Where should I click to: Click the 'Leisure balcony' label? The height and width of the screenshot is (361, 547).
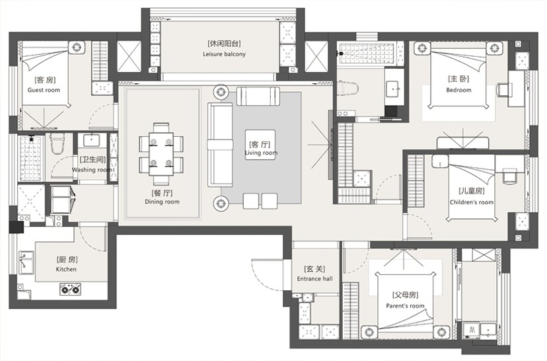pos(225,54)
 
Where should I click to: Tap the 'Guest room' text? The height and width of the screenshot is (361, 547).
pos(44,90)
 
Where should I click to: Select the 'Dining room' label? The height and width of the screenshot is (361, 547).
pos(163,202)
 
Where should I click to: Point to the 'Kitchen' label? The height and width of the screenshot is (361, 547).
pos(66,269)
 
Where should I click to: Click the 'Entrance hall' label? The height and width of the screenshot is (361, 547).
pos(314,278)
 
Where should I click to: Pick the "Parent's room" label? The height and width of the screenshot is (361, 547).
pos(405,306)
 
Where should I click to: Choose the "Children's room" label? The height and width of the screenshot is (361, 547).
pos(472,202)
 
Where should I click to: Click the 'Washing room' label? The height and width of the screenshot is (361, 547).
pos(91,170)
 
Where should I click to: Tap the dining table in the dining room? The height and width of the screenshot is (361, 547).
pos(161,154)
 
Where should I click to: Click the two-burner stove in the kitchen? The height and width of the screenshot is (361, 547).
pos(71,289)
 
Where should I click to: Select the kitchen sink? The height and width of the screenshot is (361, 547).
pos(26,262)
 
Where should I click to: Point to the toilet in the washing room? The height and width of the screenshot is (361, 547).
pos(57,142)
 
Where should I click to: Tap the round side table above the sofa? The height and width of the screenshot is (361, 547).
pos(221,92)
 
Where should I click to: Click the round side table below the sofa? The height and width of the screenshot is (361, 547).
pos(221,203)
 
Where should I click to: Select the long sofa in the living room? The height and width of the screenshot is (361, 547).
pos(220,145)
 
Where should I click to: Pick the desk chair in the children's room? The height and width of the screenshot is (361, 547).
pos(509,175)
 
